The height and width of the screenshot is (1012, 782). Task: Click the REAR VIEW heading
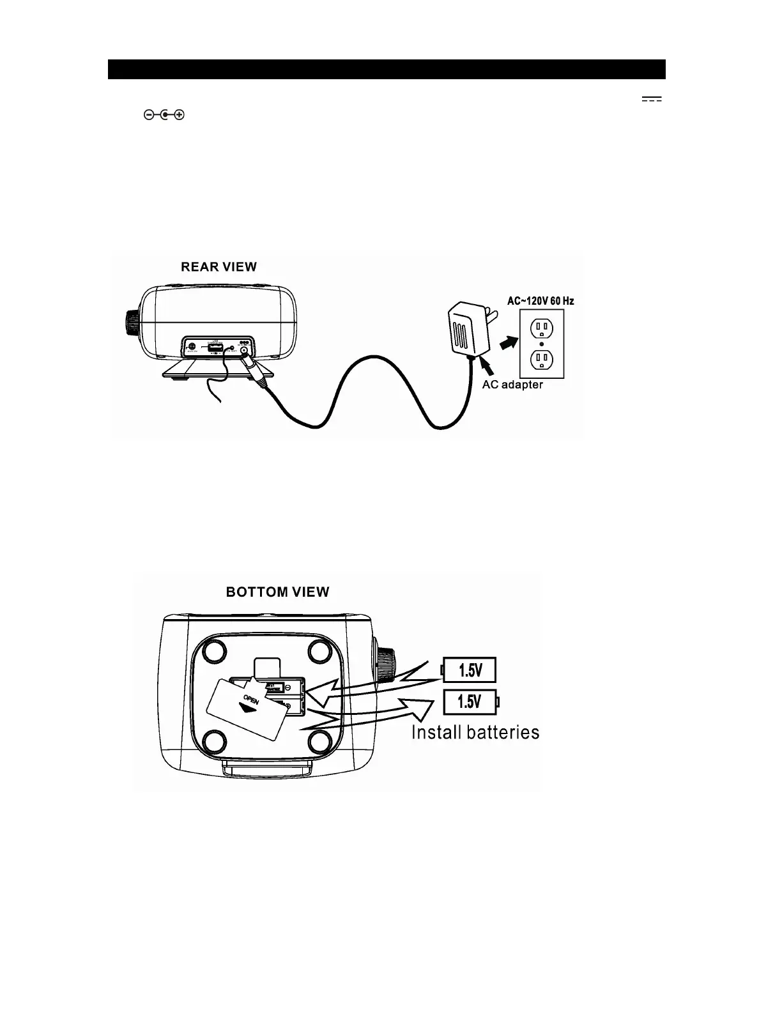click(x=218, y=267)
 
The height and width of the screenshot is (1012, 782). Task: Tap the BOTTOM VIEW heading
click(x=277, y=592)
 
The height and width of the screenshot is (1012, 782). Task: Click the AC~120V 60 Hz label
click(x=540, y=301)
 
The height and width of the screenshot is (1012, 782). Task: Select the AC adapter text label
click(x=512, y=385)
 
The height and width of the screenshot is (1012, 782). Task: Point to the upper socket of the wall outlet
click(x=541, y=328)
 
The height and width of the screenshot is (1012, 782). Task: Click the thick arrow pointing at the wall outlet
click(x=507, y=344)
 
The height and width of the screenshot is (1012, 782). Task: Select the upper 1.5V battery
click(x=469, y=670)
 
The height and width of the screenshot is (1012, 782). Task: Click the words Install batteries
click(x=475, y=732)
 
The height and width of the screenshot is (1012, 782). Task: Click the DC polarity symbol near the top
click(x=164, y=115)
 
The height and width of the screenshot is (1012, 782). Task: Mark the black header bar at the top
click(x=387, y=69)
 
